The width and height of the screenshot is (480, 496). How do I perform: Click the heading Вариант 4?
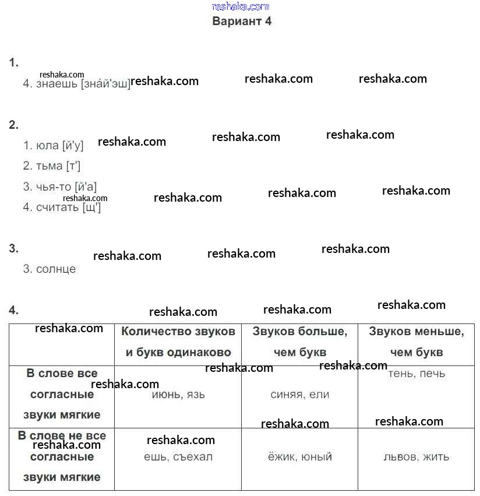coord(242,22)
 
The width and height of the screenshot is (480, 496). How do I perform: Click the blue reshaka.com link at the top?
coord(241,6)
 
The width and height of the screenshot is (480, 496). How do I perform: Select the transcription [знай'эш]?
coord(105,83)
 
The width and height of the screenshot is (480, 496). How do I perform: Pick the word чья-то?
coord(54,187)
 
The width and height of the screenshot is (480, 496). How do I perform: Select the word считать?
coord(57,207)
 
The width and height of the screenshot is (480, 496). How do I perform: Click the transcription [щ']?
coord(92,207)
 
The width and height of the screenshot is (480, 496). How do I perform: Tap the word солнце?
coord(56,269)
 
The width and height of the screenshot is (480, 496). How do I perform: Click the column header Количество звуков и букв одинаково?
coord(178,342)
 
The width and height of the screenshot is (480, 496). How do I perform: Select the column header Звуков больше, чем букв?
coord(299,342)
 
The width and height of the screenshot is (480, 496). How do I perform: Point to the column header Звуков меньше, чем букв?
coord(416,342)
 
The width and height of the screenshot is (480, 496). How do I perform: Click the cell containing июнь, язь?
coord(178,395)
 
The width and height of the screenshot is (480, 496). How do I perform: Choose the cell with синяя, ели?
coord(299,395)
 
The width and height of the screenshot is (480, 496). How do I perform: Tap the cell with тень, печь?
coord(416,374)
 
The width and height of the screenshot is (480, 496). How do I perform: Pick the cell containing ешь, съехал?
coord(178,457)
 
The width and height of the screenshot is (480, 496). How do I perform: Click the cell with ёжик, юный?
coord(299,457)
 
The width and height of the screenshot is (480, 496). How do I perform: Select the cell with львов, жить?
coord(416,457)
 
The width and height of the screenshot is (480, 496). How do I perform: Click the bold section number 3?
coord(13,248)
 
